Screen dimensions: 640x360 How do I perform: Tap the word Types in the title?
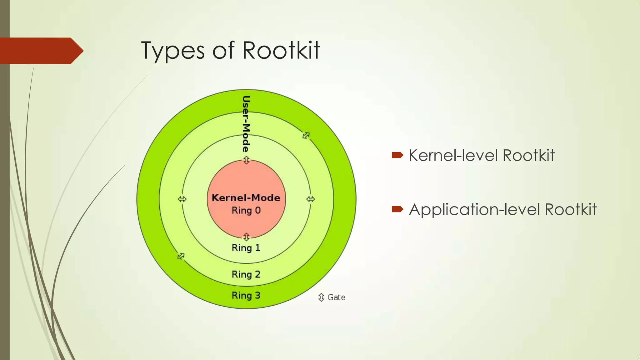(173, 51)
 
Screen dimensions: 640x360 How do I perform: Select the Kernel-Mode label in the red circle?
(246, 197)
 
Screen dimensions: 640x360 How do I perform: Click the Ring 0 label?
(246, 210)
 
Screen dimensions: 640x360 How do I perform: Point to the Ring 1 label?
(246, 248)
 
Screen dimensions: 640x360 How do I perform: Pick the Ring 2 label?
(246, 274)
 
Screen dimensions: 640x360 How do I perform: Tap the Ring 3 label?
(246, 295)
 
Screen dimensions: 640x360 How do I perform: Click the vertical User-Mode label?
(246, 124)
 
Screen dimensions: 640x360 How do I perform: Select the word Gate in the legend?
(336, 297)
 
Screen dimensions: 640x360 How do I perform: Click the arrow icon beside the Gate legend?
(321, 297)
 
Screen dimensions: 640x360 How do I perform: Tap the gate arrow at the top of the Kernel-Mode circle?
(246, 160)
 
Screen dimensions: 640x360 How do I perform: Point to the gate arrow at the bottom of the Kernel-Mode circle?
(246, 237)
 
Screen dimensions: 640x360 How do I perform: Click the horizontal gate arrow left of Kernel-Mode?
(182, 199)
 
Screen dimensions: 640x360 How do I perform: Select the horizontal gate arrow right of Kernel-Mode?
(310, 199)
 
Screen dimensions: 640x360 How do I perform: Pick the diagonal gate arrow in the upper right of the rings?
(306, 135)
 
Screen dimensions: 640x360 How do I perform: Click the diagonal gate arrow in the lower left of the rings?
(181, 256)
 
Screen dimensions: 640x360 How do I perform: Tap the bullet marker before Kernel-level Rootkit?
(397, 155)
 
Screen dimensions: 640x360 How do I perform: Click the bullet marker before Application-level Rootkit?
(397, 209)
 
